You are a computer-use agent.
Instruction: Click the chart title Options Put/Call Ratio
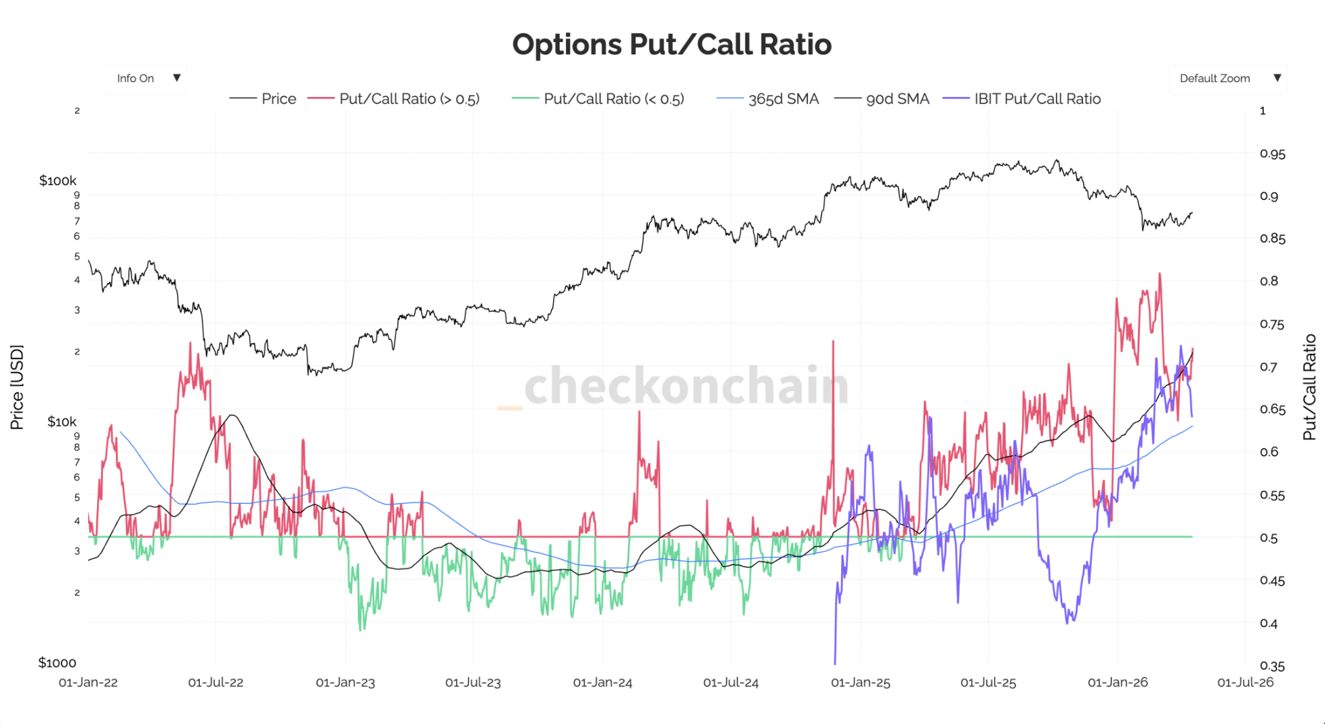(672, 45)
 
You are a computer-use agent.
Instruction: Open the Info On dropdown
(147, 78)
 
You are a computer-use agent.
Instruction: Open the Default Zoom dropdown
(1228, 78)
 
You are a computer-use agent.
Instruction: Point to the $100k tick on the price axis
(58, 181)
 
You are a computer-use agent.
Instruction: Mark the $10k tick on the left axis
(61, 422)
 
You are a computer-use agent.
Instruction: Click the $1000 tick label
(57, 663)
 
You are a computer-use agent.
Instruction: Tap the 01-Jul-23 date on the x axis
(473, 683)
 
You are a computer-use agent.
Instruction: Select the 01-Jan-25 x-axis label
(860, 683)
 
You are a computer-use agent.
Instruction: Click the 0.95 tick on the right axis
(1273, 154)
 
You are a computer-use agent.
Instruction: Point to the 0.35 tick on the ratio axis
(1273, 666)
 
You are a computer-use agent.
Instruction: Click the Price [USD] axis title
(17, 387)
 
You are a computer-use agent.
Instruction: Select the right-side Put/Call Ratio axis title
(1309, 387)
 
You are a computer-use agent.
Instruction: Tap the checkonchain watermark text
(686, 386)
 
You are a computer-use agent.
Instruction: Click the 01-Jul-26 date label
(1245, 683)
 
